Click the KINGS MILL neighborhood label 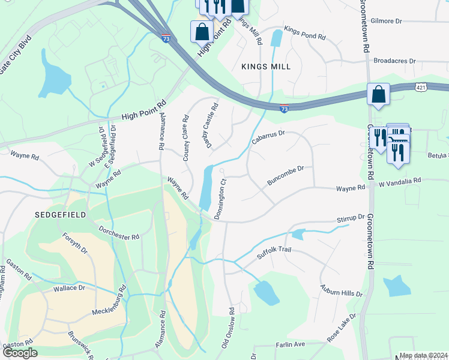point(266,67)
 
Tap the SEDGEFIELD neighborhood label point(60,214)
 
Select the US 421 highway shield point(421,88)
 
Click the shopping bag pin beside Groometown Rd point(378,95)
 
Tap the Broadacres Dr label point(394,61)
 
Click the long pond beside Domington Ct point(205,187)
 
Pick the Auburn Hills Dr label point(341,291)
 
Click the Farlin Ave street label point(291,344)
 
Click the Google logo point(20,352)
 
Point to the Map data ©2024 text point(423,355)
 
